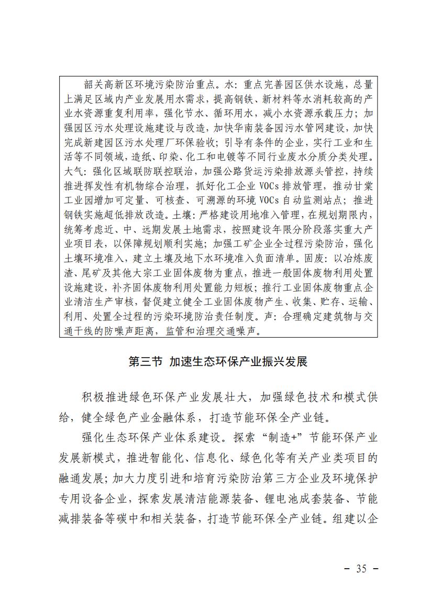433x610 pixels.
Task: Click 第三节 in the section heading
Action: [146, 362]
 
